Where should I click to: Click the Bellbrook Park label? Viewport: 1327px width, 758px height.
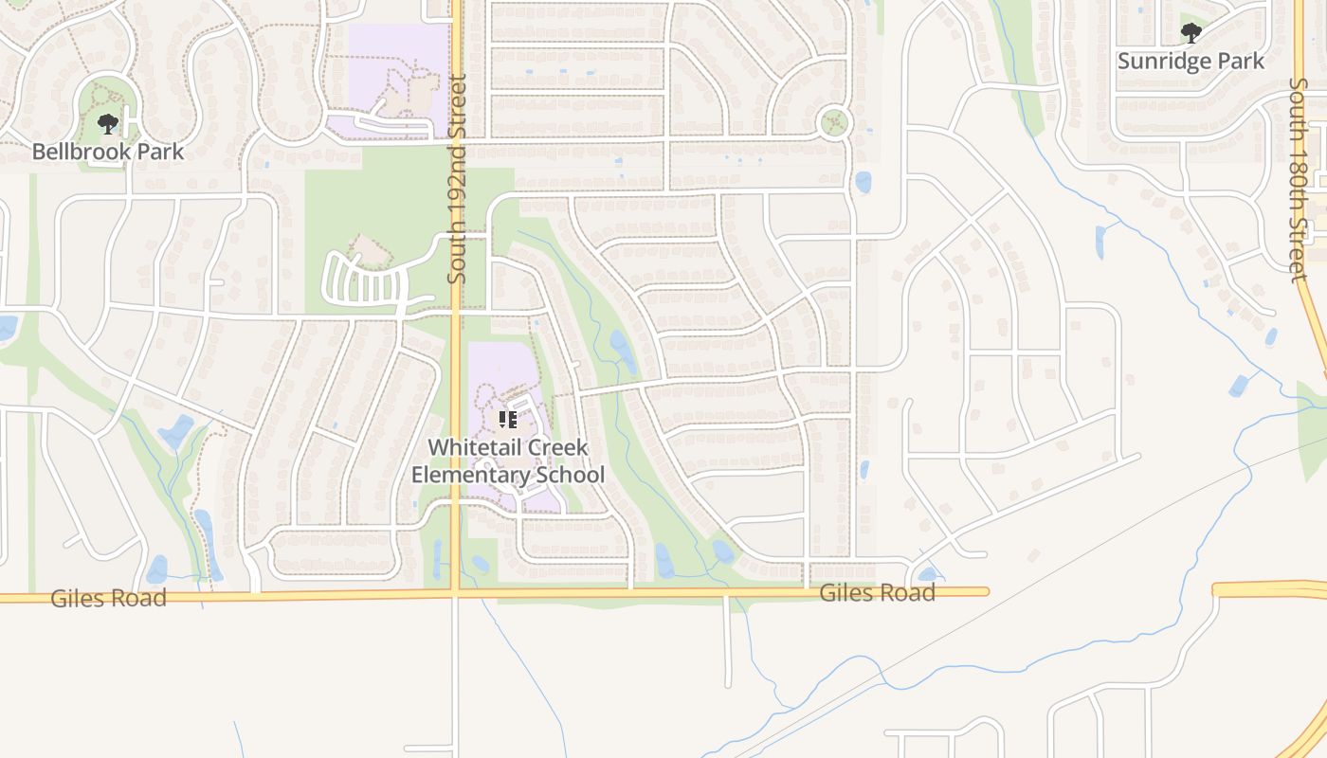tap(108, 152)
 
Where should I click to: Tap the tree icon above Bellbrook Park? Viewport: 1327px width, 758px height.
tap(108, 123)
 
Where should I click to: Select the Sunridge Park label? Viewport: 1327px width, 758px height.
tap(1191, 62)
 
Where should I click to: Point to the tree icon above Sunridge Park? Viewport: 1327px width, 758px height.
tap(1191, 34)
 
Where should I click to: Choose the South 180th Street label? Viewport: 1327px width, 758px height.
tap(1298, 179)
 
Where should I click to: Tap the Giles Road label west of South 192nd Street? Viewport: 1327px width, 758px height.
tap(108, 598)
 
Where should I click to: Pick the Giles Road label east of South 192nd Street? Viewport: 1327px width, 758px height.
tap(877, 593)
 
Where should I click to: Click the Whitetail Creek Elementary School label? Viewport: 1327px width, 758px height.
tap(507, 460)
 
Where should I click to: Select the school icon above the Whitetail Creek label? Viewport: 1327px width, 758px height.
tap(507, 419)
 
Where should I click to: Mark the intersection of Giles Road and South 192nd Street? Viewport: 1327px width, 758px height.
tap(456, 594)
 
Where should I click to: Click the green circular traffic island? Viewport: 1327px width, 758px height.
tap(833, 122)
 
